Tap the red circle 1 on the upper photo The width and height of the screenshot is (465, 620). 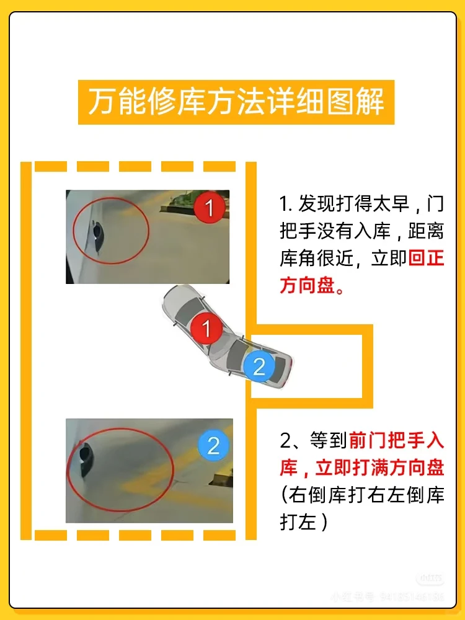coord(210,208)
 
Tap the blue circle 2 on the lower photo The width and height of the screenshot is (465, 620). coord(213,445)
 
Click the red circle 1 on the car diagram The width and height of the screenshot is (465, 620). coord(206,327)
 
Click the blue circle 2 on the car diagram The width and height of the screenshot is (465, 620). coord(259,366)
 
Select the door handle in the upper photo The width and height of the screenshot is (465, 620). coord(97,232)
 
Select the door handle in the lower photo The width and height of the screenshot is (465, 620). coord(84,459)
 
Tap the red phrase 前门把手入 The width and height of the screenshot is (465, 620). coord(397,441)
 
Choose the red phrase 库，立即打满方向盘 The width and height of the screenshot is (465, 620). coord(362,468)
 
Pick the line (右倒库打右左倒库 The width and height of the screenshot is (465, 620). coord(362,495)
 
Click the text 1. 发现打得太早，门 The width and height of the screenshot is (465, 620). coord(362,204)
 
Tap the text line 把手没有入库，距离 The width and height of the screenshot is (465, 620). coord(362,231)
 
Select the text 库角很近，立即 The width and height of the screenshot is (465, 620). coord(343,259)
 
